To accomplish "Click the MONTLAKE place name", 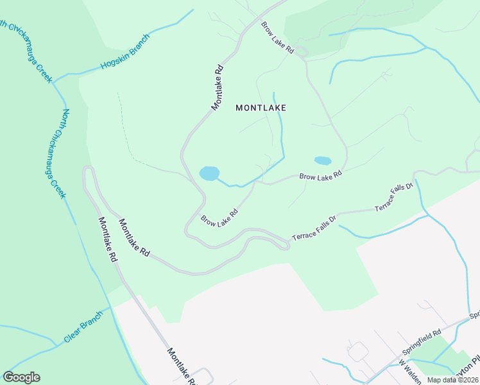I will (x=261, y=108).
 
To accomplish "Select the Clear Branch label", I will (x=83, y=328).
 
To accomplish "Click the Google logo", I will (x=21, y=377).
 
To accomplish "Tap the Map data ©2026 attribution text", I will (x=452, y=380).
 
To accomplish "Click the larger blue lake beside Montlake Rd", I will (x=209, y=173).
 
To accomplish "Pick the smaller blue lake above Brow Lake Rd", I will (x=322, y=160).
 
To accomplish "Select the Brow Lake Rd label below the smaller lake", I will (x=320, y=174).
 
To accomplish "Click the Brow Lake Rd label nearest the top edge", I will (x=277, y=38).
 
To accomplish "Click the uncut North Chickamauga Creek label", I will (x=55, y=153).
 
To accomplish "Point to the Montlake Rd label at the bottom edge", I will (x=182, y=366).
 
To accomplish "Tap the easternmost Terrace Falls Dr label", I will (x=393, y=197).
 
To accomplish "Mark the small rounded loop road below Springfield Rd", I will (x=357, y=351).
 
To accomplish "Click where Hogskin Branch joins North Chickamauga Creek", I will (x=54, y=83).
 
